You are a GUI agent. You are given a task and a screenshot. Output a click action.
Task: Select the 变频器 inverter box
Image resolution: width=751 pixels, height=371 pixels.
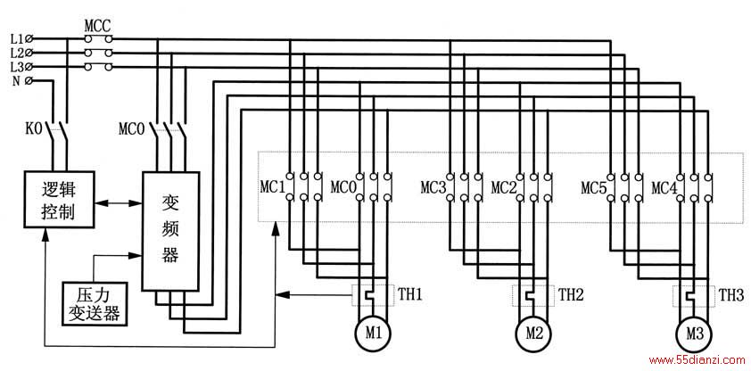pyautogui.click(x=170, y=231)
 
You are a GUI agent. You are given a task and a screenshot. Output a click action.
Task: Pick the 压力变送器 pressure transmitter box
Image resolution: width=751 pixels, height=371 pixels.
pyautogui.click(x=95, y=304)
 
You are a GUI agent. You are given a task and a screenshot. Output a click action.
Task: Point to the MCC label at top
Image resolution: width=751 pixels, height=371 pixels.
pyautogui.click(x=98, y=24)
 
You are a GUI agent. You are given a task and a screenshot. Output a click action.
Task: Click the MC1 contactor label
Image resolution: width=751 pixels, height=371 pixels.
pyautogui.click(x=273, y=187)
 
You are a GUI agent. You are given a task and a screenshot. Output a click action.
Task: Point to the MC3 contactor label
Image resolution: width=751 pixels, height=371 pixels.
pyautogui.click(x=433, y=187)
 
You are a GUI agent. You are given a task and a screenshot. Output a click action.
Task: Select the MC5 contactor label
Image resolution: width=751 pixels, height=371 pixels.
pyautogui.click(x=594, y=187)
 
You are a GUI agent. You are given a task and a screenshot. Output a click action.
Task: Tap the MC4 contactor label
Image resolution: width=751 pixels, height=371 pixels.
pyautogui.click(x=664, y=187)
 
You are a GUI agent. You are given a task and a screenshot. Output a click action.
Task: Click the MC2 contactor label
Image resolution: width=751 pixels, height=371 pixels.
pyautogui.click(x=504, y=187)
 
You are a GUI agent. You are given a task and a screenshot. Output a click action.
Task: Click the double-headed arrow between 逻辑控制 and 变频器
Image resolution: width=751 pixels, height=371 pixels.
pyautogui.click(x=118, y=203)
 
